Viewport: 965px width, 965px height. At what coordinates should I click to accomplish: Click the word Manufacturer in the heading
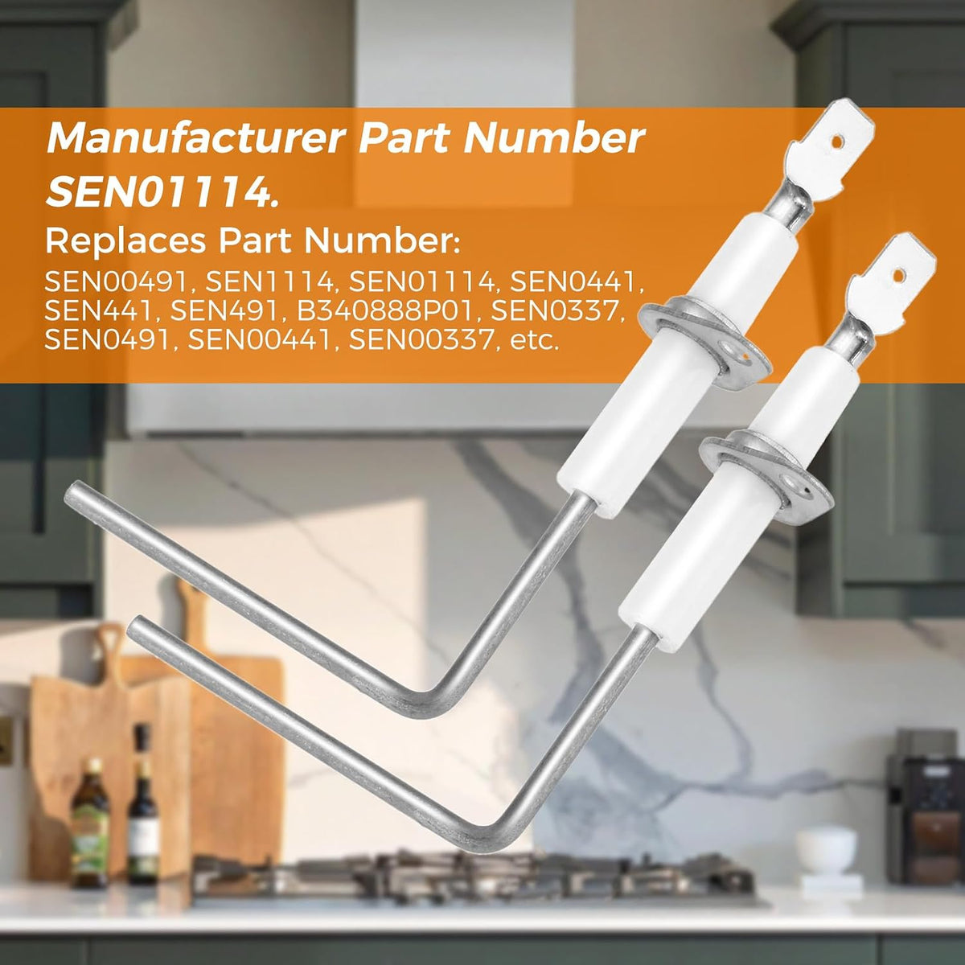196,138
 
